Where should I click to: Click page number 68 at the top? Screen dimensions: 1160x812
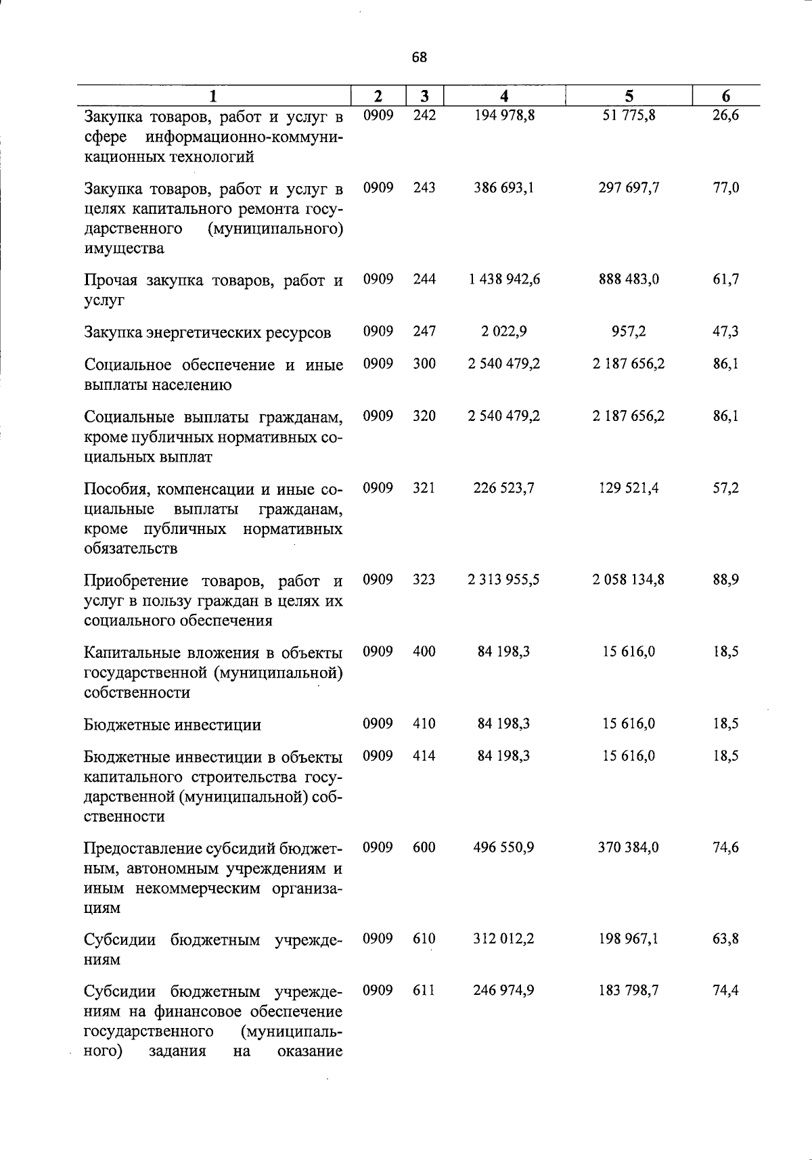click(x=419, y=58)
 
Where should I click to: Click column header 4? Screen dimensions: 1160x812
click(x=503, y=96)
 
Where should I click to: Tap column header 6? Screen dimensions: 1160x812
click(x=725, y=96)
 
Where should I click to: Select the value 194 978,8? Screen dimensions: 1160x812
click(x=504, y=116)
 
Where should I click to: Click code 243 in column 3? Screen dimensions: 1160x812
click(x=424, y=187)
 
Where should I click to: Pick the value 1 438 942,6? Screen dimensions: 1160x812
click(x=504, y=280)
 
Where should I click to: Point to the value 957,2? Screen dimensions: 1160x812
click(x=629, y=332)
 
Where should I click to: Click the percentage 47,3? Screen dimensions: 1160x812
click(x=725, y=332)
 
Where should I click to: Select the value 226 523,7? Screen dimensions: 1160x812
click(x=504, y=488)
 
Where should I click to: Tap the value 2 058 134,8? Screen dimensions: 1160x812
click(x=629, y=580)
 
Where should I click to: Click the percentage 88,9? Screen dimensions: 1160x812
click(x=725, y=580)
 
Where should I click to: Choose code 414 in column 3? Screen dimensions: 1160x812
click(x=424, y=756)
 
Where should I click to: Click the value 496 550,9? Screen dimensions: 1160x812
click(x=504, y=847)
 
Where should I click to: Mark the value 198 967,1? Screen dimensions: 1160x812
click(x=629, y=939)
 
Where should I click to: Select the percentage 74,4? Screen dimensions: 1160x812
click(x=725, y=991)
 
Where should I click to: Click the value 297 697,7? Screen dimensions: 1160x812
click(x=629, y=187)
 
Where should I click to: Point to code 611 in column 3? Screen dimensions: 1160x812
click(x=424, y=991)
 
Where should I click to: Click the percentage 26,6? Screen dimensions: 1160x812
click(x=725, y=116)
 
